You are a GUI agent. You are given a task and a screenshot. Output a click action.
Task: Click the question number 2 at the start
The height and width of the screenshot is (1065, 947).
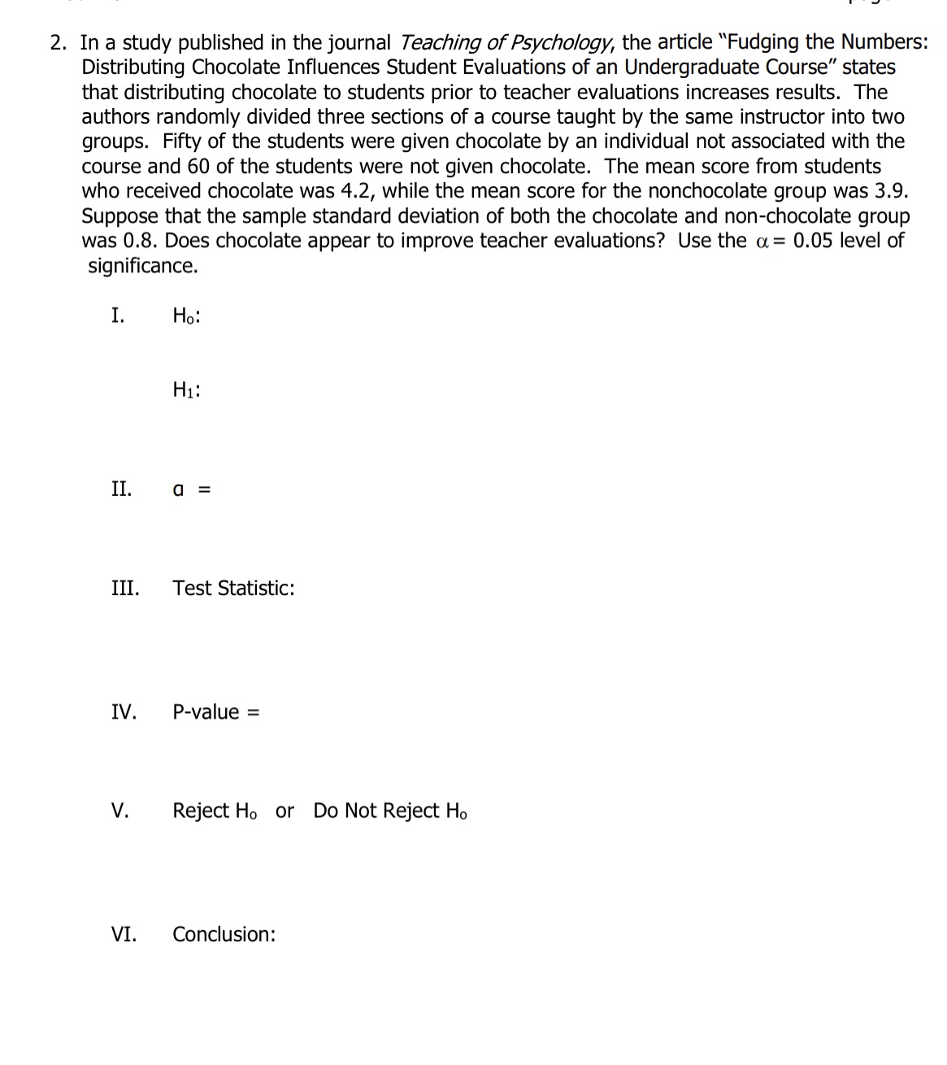click(57, 42)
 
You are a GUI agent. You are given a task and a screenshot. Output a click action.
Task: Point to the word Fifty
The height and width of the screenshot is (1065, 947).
click(181, 141)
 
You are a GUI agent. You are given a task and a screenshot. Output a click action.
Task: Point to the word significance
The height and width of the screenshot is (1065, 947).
click(142, 266)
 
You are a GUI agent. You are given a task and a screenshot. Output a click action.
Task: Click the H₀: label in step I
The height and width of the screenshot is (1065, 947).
click(186, 316)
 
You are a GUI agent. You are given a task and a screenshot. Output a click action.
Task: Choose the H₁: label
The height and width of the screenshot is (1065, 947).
click(186, 390)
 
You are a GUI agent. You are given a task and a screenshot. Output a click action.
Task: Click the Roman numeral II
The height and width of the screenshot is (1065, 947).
click(121, 489)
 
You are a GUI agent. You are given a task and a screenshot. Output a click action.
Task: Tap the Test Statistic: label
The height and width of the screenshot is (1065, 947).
click(233, 588)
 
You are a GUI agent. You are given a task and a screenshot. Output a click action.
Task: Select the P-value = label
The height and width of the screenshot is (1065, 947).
click(215, 712)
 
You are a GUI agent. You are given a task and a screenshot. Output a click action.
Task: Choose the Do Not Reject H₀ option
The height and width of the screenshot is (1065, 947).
click(390, 811)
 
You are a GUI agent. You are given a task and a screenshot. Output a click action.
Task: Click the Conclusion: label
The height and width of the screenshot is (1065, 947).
click(224, 934)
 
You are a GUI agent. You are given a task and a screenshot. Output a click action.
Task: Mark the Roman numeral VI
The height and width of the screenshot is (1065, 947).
click(124, 934)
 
